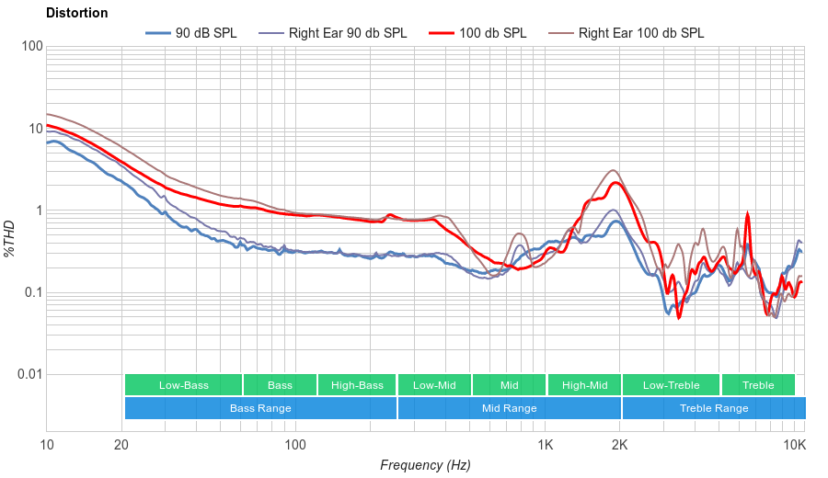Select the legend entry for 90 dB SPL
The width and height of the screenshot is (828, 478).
205,33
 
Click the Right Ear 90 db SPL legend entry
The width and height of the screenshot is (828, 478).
347,33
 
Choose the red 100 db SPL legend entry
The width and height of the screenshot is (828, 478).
492,33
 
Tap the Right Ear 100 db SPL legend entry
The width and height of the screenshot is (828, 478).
640,33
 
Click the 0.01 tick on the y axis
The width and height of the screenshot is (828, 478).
29,375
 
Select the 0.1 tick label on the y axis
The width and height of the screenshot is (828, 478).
32,293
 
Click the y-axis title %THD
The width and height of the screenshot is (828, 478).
11,239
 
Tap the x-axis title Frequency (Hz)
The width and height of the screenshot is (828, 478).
425,465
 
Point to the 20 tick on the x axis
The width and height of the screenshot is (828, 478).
121,446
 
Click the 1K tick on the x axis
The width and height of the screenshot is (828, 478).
545,446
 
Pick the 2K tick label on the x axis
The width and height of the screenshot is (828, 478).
620,446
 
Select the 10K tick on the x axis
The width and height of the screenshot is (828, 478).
794,446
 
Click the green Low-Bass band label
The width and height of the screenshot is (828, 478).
182,385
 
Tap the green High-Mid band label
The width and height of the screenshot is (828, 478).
584,385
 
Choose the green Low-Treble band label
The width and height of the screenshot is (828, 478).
671,385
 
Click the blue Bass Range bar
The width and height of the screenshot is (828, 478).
260,408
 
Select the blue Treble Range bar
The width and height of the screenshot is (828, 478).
713,408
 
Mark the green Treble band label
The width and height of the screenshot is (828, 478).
758,385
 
